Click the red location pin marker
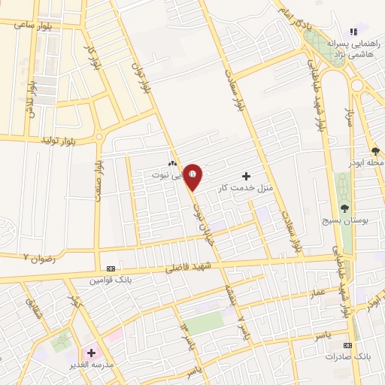193,177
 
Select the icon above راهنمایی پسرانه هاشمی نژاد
353,32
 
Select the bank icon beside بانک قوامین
111,268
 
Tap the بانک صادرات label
344,356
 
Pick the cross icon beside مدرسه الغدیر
92,352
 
